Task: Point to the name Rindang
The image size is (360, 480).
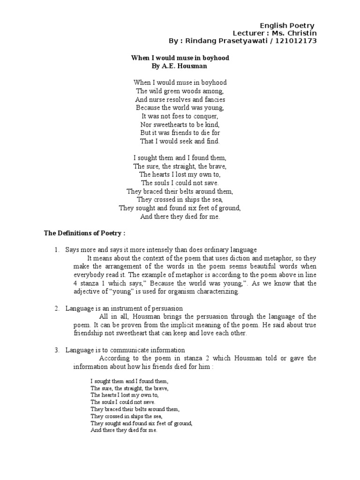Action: [202, 41]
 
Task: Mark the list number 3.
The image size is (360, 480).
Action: [57, 350]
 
